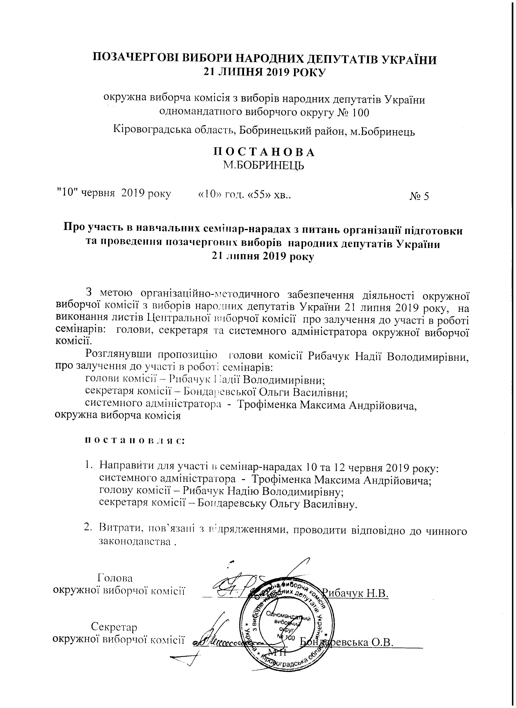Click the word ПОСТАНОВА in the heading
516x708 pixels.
coord(264,152)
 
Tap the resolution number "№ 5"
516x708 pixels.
coord(419,196)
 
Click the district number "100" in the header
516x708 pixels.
coord(360,112)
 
